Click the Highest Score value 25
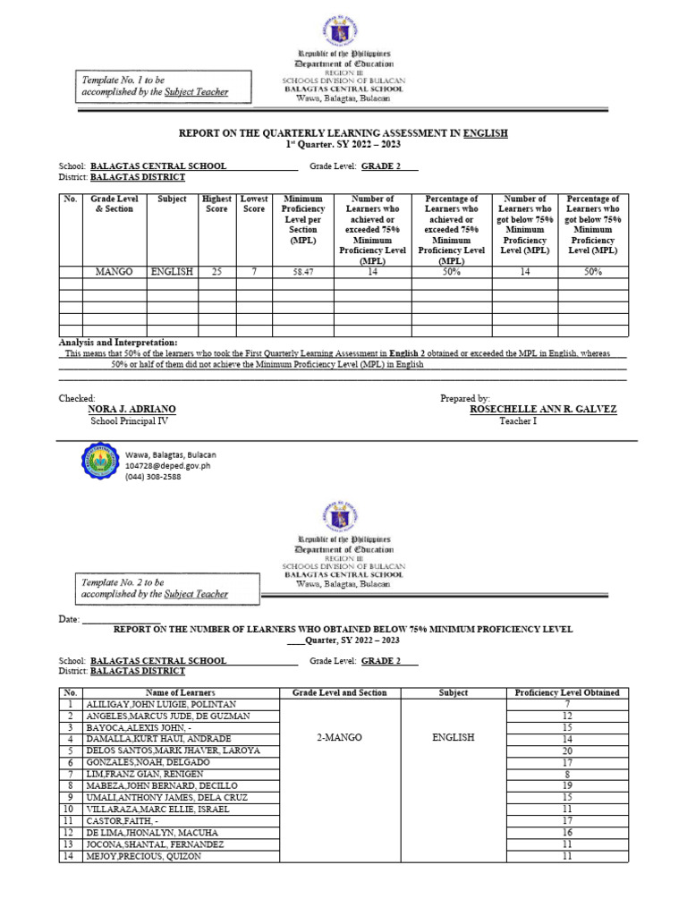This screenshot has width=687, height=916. (x=216, y=272)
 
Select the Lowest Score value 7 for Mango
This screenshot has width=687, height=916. (x=254, y=272)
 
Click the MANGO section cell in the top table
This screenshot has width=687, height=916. (x=114, y=272)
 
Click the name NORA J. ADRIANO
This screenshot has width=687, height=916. (x=131, y=409)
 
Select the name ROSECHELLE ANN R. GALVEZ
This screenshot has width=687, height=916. (x=543, y=409)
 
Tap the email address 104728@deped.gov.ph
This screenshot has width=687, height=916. (x=168, y=466)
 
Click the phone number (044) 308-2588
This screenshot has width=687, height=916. (x=153, y=478)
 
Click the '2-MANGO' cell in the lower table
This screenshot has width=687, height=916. (x=340, y=739)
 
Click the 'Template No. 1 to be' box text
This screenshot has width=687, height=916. (x=123, y=80)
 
